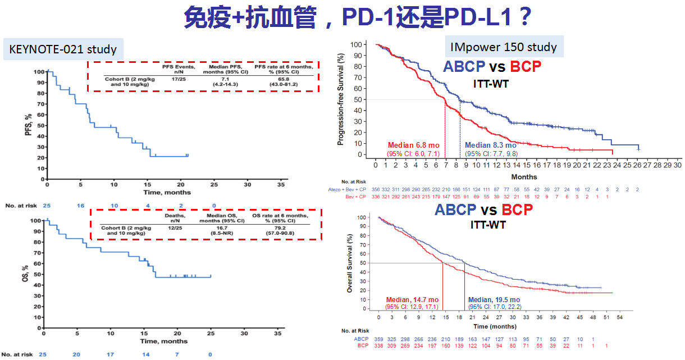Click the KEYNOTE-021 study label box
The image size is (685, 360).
point(63,49)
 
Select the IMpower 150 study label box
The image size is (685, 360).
point(504,47)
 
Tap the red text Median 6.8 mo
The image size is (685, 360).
point(413,145)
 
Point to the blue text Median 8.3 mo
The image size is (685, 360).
point(491,145)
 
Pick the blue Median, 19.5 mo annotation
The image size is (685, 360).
point(494,299)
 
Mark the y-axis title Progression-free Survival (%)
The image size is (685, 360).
point(341,99)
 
